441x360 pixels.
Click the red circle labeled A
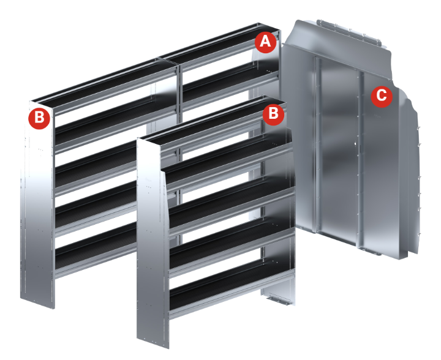[x=265, y=42]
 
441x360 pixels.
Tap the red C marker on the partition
[x=382, y=96]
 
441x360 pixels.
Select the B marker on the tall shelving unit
[x=39, y=118]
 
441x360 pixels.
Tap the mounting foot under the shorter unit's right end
[x=279, y=299]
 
